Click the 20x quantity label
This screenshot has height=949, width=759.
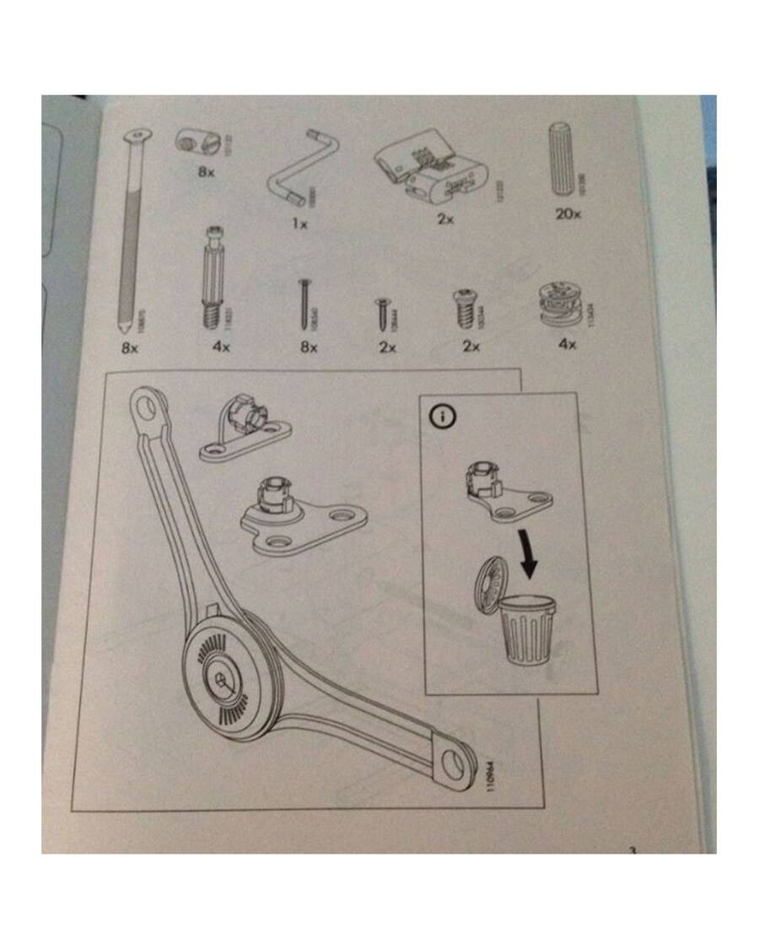(569, 214)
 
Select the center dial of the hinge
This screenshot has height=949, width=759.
(223, 681)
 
